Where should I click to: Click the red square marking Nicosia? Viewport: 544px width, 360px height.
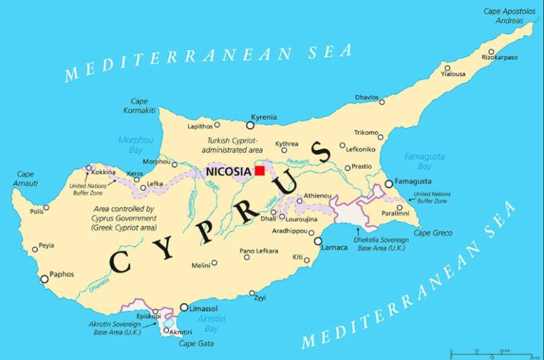(259, 171)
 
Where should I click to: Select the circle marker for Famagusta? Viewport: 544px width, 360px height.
(388, 184)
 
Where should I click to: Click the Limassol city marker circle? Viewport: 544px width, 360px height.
(184, 307)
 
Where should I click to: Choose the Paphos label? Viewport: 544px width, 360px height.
(62, 274)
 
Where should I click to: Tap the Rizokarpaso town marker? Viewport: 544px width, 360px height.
(492, 52)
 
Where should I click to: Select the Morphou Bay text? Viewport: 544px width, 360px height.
(135, 145)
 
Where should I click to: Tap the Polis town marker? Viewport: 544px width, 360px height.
(46, 209)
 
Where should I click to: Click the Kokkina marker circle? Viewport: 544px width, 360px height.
(89, 167)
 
